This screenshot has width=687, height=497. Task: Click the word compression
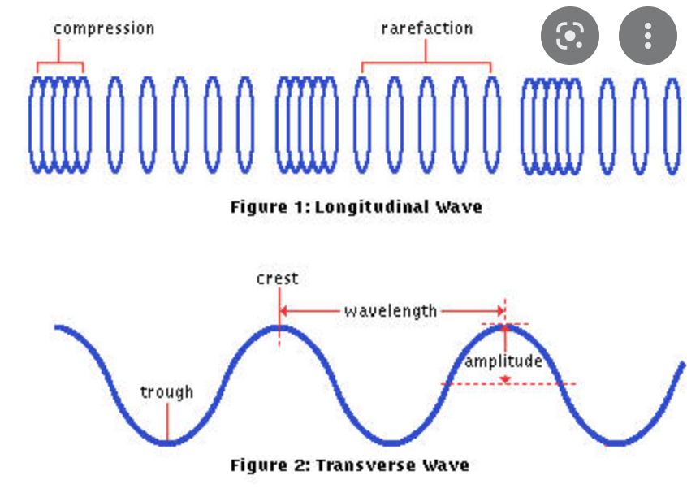[104, 28]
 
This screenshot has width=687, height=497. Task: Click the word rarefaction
[426, 28]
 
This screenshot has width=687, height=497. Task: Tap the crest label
[278, 279]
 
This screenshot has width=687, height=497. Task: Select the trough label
[166, 393]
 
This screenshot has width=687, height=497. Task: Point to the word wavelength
[391, 311]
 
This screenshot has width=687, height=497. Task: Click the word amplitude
[503, 361]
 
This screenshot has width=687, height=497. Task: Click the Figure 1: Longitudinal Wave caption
[356, 207]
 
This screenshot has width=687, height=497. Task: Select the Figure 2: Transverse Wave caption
[349, 465]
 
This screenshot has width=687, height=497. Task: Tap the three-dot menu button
[647, 35]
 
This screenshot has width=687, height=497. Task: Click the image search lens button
[570, 35]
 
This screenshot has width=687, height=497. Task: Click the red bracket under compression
[60, 63]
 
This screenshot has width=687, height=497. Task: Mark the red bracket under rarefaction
[426, 63]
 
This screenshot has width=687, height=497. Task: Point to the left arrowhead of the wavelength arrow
[284, 311]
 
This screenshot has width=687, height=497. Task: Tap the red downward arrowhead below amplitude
[506, 379]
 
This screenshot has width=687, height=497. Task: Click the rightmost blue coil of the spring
[671, 125]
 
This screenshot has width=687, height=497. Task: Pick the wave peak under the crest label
[279, 326]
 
